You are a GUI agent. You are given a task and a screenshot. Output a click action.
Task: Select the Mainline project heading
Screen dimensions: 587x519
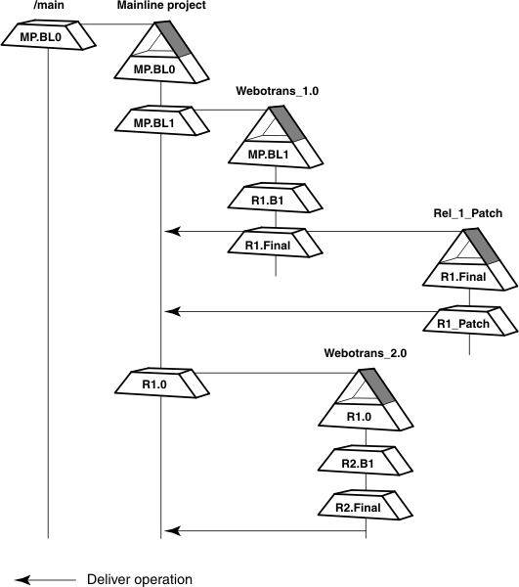click(160, 7)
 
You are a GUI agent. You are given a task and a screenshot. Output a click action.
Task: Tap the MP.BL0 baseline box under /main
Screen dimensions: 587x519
click(47, 37)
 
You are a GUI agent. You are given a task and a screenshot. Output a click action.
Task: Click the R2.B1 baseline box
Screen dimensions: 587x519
click(366, 459)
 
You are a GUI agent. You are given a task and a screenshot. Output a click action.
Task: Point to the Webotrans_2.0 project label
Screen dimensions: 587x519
click(365, 352)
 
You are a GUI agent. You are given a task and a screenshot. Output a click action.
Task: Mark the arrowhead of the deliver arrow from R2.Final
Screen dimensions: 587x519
click(173, 531)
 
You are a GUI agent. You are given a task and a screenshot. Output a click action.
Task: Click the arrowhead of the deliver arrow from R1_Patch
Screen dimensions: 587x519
click(173, 312)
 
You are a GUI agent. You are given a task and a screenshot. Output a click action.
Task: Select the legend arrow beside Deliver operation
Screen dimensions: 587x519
click(44, 578)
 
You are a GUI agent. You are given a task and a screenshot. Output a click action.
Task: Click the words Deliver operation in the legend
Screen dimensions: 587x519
click(140, 578)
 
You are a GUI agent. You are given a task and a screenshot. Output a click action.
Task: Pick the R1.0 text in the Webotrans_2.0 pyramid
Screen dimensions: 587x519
click(365, 415)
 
